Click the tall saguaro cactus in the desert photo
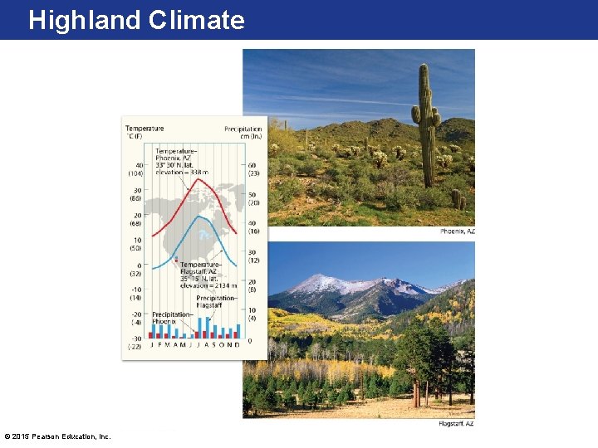click(x=426, y=124)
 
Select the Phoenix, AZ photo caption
click(x=457, y=231)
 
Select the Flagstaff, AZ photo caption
click(x=456, y=424)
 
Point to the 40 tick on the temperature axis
click(x=138, y=165)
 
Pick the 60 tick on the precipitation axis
click(x=252, y=165)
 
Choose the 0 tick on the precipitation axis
click(x=249, y=340)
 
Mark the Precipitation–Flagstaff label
click(x=216, y=301)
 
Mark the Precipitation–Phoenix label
click(x=172, y=318)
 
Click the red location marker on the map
click(x=175, y=260)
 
